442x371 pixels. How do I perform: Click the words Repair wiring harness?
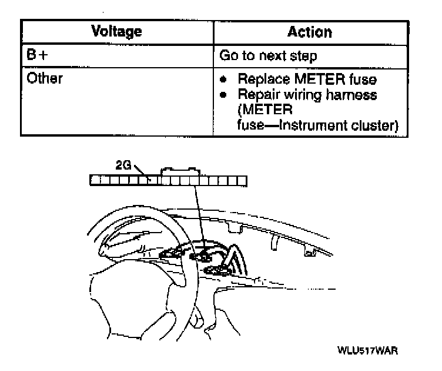(x=307, y=94)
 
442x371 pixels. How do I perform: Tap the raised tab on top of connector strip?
(x=181, y=171)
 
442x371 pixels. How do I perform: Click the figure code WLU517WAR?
(x=368, y=351)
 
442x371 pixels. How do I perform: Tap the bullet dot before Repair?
(x=224, y=94)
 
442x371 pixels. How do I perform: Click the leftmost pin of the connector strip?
(x=95, y=181)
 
